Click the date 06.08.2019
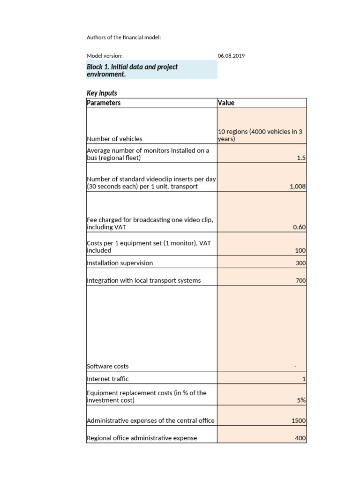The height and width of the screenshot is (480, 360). click(x=232, y=56)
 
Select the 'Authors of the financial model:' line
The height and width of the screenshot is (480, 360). click(x=124, y=37)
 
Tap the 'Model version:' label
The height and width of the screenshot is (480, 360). click(x=105, y=56)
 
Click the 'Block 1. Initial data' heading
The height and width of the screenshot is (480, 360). click(x=132, y=70)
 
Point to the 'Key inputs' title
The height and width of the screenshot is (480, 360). click(x=102, y=93)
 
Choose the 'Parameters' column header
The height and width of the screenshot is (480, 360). click(x=104, y=103)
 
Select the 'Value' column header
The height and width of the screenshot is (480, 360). click(x=226, y=103)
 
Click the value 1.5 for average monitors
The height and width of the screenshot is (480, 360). click(x=301, y=158)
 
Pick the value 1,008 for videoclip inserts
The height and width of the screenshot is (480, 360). click(x=298, y=186)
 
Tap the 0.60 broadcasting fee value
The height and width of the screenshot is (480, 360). click(x=299, y=227)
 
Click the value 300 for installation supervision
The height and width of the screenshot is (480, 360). click(x=300, y=263)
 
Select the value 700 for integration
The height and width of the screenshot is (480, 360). click(x=300, y=280)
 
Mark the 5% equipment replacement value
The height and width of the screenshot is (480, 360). click(x=301, y=400)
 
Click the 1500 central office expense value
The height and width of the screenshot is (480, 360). click(x=299, y=420)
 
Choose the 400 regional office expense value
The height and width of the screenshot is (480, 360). click(x=300, y=438)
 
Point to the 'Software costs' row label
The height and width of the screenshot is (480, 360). click(x=108, y=366)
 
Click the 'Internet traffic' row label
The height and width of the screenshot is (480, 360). click(x=107, y=378)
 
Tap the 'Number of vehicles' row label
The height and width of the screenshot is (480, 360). click(x=114, y=139)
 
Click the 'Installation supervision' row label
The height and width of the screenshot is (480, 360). click(x=120, y=263)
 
